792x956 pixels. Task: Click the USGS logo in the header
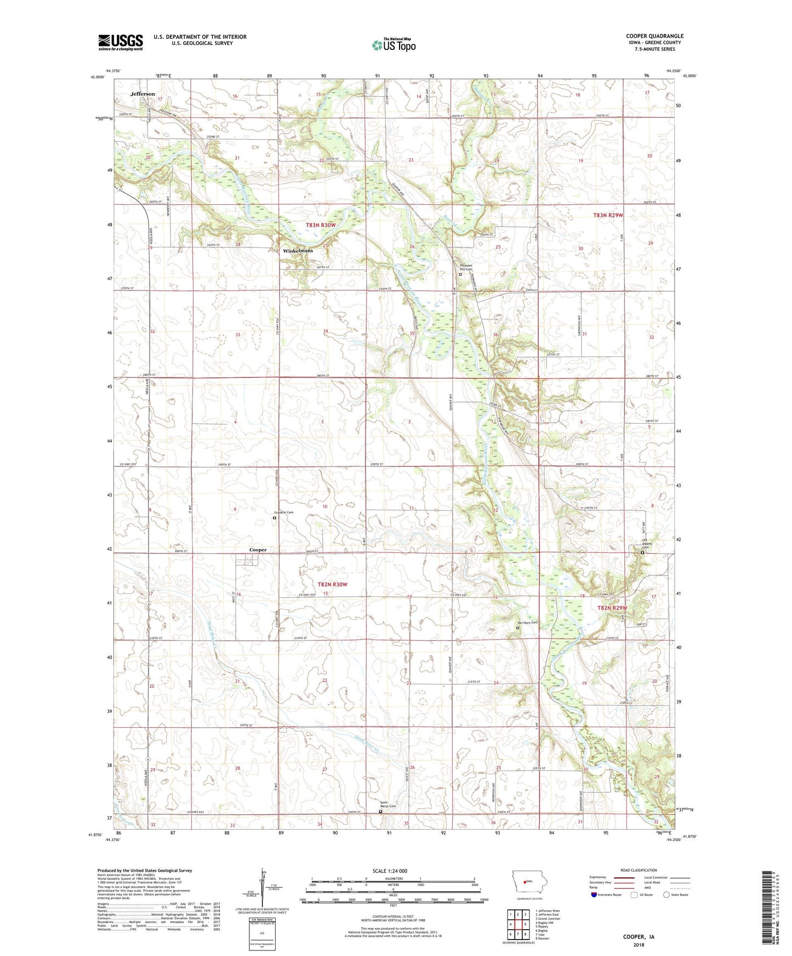121,42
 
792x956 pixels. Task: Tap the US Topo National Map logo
394,45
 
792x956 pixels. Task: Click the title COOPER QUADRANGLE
654,36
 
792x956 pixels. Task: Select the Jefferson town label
143,94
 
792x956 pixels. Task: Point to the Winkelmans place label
298,251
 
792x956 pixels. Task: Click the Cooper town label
258,550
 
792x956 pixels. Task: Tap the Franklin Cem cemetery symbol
275,517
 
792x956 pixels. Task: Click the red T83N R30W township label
321,226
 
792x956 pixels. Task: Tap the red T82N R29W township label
612,608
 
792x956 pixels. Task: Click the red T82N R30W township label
332,585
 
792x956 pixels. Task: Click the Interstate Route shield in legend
594,895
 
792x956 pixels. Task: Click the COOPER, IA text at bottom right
639,937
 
